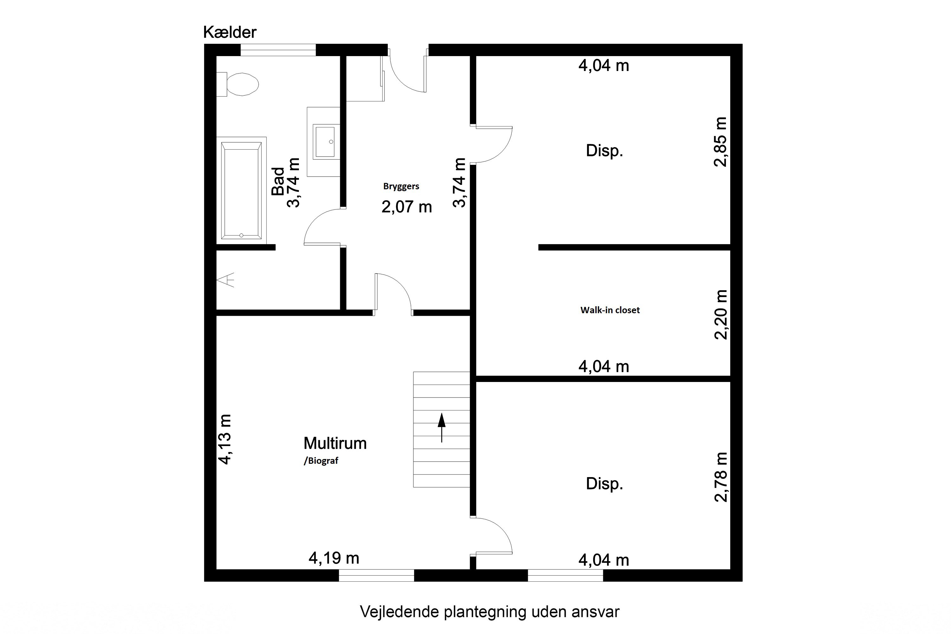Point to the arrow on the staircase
(442, 428)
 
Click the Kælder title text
(230, 32)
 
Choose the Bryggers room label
(401, 186)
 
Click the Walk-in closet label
(610, 310)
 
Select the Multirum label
(335, 443)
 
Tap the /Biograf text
(321, 461)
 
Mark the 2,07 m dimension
(407, 207)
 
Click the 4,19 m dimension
(334, 558)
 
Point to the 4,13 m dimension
(224, 439)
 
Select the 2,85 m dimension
(721, 142)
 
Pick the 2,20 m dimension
(721, 314)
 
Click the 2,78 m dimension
(721, 477)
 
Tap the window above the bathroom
(278, 50)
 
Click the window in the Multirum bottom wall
(377, 575)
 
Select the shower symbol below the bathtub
(225, 280)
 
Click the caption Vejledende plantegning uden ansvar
(490, 612)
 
